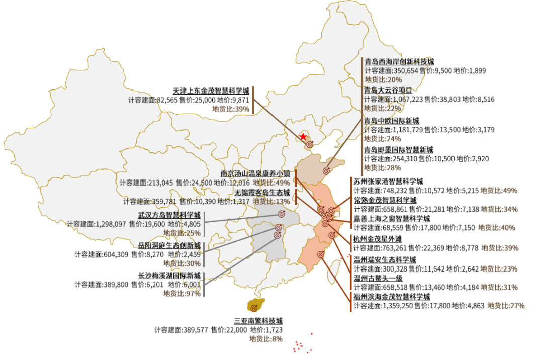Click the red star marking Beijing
[x=303, y=137]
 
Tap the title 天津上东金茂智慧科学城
[x=211, y=91]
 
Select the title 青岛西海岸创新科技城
[x=399, y=62]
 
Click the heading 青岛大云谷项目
[x=388, y=91]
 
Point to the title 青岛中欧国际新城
[x=392, y=120]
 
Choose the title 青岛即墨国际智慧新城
[x=399, y=149]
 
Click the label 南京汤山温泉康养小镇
[x=255, y=173]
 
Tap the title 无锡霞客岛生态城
[x=262, y=192]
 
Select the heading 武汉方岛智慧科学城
[x=169, y=215]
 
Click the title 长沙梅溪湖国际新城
[x=169, y=275]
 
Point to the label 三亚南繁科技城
[x=258, y=321]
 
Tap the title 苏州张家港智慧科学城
[x=389, y=181]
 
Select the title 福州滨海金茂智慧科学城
[x=392, y=297]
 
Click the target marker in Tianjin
[x=310, y=144]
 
